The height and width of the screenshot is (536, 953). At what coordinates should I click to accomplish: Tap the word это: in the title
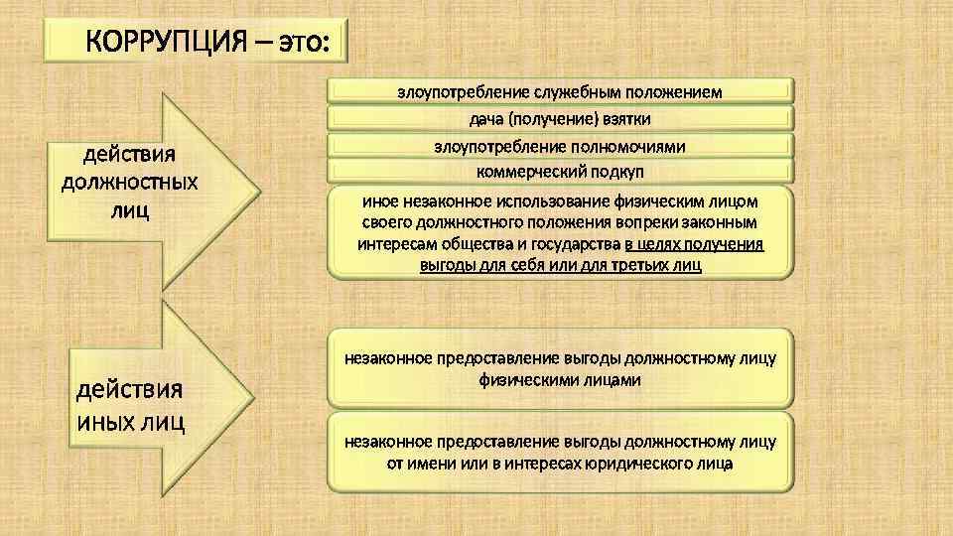306,45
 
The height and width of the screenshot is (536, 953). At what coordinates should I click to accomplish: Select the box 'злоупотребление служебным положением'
560,92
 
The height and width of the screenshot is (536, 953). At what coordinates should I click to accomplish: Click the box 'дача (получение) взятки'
560,119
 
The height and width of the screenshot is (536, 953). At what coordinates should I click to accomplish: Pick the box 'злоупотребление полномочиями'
560,146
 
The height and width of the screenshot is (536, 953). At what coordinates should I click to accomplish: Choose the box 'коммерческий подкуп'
560,172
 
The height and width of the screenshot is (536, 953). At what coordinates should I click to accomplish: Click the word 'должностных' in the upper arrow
129,183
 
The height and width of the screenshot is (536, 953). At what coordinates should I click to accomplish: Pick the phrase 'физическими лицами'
560,379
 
